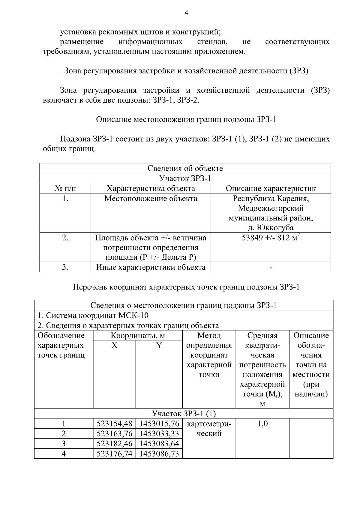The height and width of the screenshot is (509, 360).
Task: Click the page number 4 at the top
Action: tap(186, 13)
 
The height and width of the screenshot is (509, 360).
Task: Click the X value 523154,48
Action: tap(114, 424)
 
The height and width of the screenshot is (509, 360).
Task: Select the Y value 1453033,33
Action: tap(159, 433)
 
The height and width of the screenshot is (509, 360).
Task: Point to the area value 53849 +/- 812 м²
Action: tap(271, 238)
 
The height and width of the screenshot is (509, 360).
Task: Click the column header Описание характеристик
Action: tap(271, 188)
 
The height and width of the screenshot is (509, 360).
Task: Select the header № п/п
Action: tap(65, 188)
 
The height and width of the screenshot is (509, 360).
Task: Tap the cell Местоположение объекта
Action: tap(151, 199)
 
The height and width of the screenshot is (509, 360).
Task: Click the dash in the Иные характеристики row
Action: tap(271, 267)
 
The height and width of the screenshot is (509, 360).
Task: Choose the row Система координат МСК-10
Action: tap(93, 315)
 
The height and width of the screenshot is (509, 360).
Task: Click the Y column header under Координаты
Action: tap(159, 346)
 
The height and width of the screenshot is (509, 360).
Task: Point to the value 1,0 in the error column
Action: tap(262, 424)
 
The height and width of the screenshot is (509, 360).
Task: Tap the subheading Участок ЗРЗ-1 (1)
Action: tap(184, 414)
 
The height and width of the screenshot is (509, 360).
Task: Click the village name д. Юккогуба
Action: tap(271, 228)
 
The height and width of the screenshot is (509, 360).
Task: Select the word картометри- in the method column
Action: tap(209, 424)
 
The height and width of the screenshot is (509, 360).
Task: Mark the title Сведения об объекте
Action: tap(185, 168)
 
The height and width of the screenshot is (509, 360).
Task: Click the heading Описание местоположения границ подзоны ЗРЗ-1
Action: tap(186, 119)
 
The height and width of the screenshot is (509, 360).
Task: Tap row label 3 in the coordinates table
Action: tap(64, 443)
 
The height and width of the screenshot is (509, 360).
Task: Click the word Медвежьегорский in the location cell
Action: tap(271, 208)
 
